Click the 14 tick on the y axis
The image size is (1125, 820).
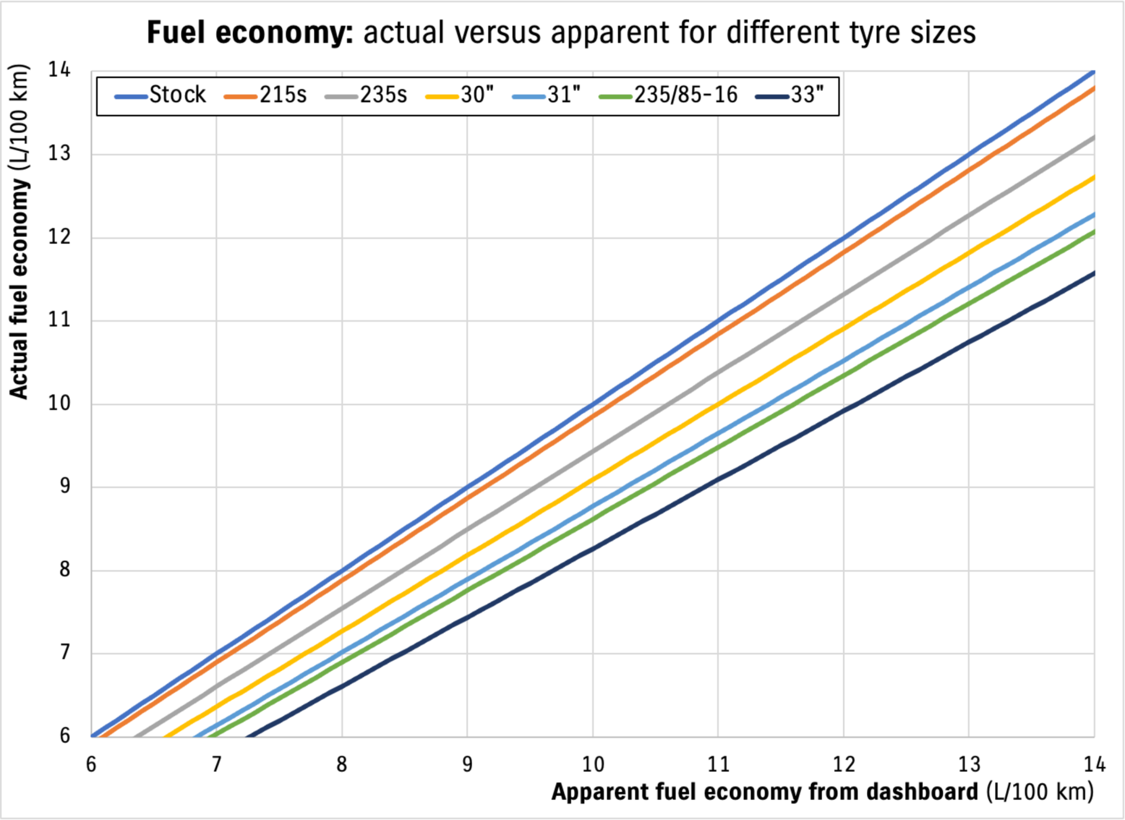(x=59, y=70)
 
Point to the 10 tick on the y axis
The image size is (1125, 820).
(x=59, y=403)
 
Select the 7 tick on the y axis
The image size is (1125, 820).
(x=65, y=653)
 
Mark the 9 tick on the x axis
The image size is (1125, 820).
(x=467, y=764)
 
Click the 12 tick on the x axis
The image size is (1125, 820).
(x=843, y=764)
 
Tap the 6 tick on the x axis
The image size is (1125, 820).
(x=91, y=764)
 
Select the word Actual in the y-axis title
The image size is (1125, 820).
(x=18, y=371)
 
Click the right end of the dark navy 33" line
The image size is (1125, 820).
(x=1094, y=273)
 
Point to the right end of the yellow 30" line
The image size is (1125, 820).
(x=1094, y=177)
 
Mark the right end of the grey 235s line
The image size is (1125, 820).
(x=1094, y=137)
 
